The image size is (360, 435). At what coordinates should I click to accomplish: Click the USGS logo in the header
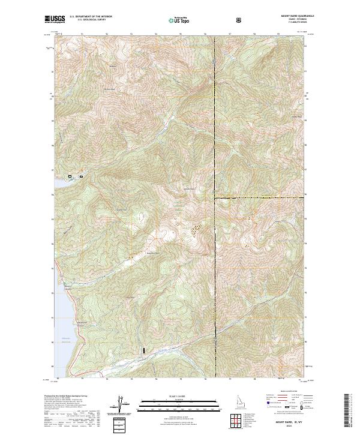point(53,19)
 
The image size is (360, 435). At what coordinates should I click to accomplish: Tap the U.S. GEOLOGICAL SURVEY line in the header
point(85,21)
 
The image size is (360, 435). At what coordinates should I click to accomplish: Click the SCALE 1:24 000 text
point(173,396)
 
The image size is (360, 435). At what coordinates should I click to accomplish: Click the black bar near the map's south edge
point(143,349)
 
